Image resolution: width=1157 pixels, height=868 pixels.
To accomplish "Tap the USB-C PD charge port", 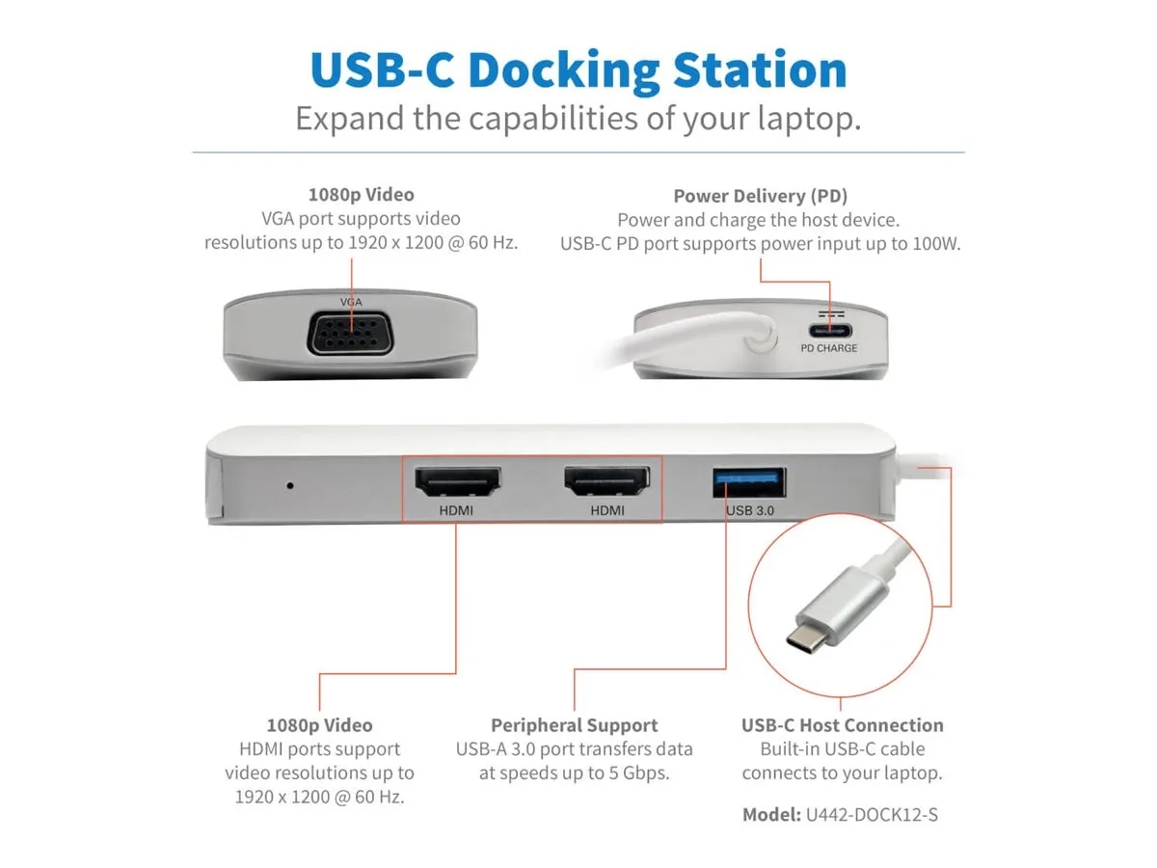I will click(x=828, y=331).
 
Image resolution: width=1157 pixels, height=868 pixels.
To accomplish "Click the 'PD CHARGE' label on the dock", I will click(x=828, y=348).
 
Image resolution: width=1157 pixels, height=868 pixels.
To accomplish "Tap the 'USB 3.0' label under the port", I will click(x=751, y=510).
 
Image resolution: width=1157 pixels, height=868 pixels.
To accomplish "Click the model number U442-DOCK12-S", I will click(x=872, y=815).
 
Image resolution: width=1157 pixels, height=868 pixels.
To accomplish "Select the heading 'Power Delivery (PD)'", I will click(x=761, y=196).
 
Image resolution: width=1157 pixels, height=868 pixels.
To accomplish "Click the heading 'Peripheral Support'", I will click(x=575, y=725).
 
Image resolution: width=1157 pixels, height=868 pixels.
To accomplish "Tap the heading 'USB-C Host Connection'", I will click(x=843, y=725).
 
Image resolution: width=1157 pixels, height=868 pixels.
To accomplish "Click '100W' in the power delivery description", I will click(x=936, y=244).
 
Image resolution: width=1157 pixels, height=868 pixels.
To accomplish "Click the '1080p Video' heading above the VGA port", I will click(x=361, y=195).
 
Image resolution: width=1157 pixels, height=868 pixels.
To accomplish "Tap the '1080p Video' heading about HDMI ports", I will click(x=319, y=725).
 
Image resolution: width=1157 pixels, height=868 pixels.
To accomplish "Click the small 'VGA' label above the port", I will click(x=351, y=302).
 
